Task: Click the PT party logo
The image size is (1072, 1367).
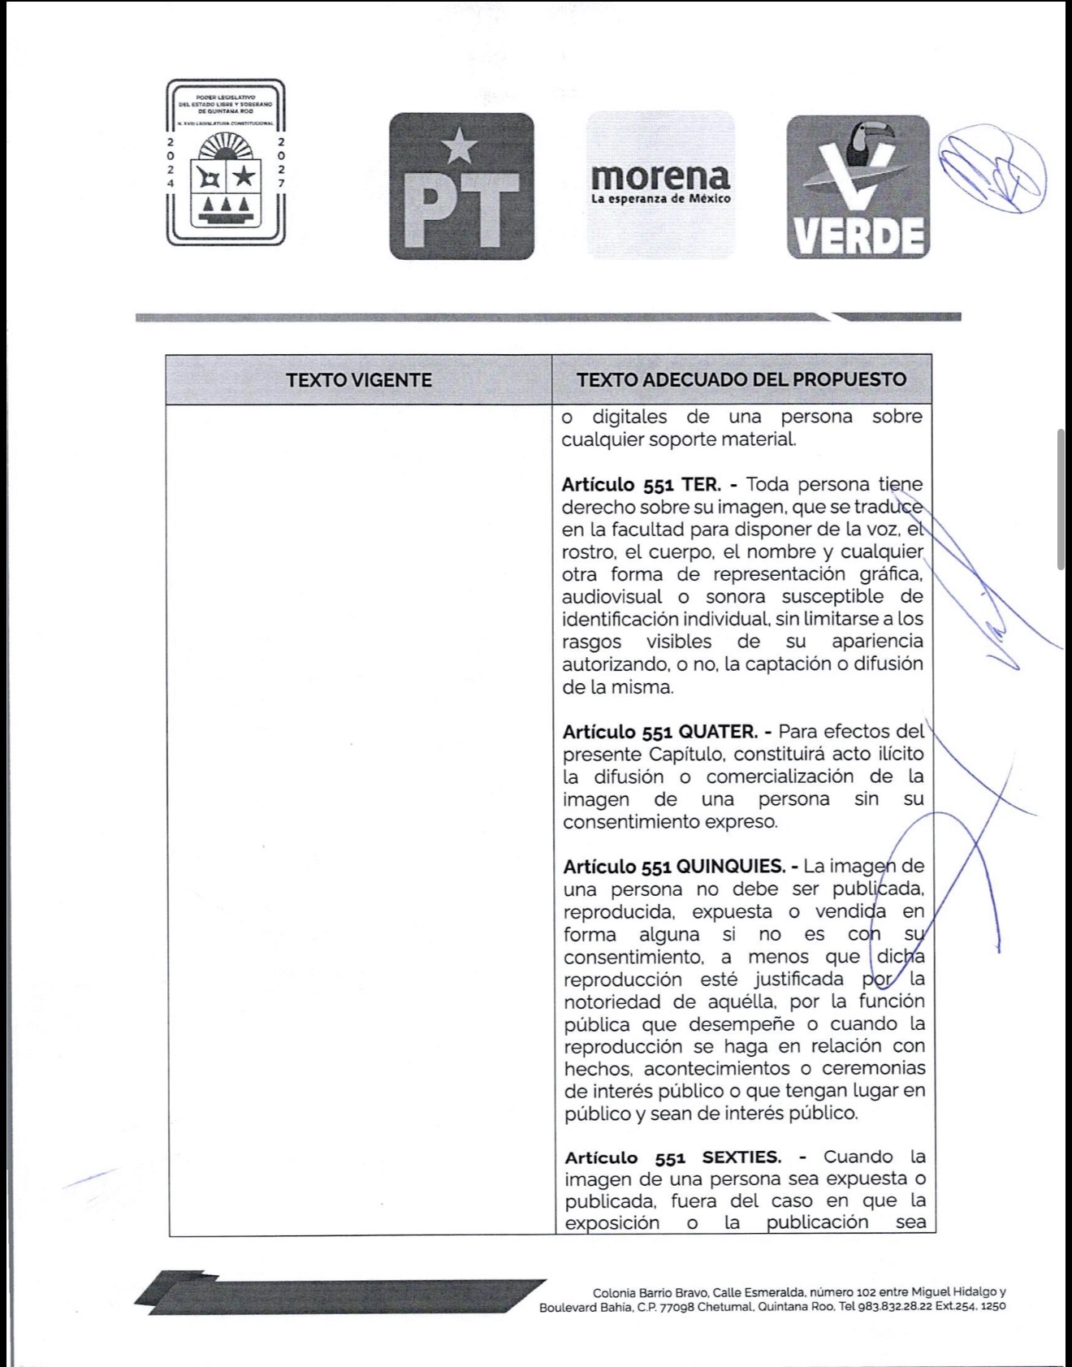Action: tap(461, 187)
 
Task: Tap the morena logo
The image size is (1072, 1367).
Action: tap(660, 184)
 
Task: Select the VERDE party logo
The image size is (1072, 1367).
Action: tap(858, 188)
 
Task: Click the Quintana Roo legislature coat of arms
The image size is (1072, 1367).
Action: tap(226, 162)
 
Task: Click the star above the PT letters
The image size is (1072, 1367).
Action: tap(460, 145)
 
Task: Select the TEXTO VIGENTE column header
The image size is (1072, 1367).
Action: tap(359, 380)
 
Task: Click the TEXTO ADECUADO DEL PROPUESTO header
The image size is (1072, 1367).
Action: tap(741, 379)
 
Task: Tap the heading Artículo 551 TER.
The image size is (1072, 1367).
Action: tap(641, 485)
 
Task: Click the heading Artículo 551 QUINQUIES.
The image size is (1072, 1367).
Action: tap(673, 866)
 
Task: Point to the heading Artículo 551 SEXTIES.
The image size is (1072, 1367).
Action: tap(672, 1157)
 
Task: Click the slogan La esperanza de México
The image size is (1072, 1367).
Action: tap(660, 199)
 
